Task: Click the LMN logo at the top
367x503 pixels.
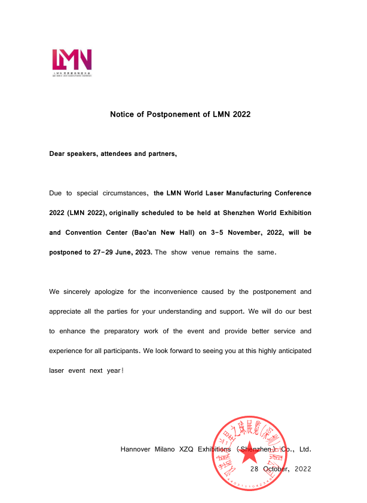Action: [x=72, y=61]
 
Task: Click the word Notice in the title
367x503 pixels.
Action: [x=122, y=114]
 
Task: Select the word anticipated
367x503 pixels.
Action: [x=289, y=351]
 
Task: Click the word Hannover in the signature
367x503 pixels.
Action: [x=137, y=449]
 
